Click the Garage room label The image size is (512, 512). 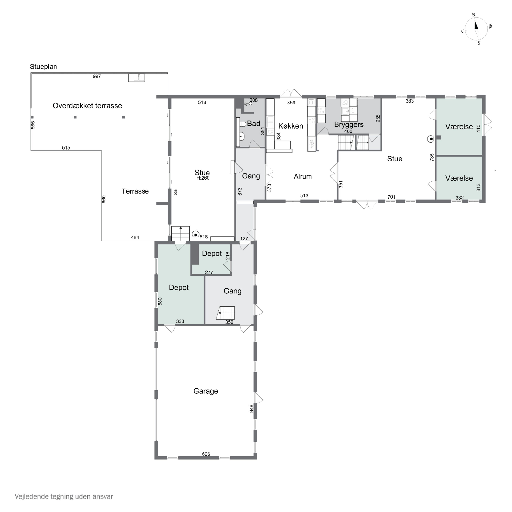click(206, 391)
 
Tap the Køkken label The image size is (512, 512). click(290, 126)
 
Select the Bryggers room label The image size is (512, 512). click(349, 125)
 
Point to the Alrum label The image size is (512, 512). click(303, 176)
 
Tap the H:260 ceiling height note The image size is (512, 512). click(203, 178)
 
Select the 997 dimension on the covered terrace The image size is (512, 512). click(97, 76)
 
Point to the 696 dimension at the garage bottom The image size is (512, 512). click(206, 454)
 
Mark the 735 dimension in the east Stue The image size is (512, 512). click(432, 157)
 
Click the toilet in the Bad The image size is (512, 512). click(242, 124)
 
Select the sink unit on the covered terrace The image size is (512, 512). click(137, 78)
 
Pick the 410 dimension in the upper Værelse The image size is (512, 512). click(478, 129)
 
